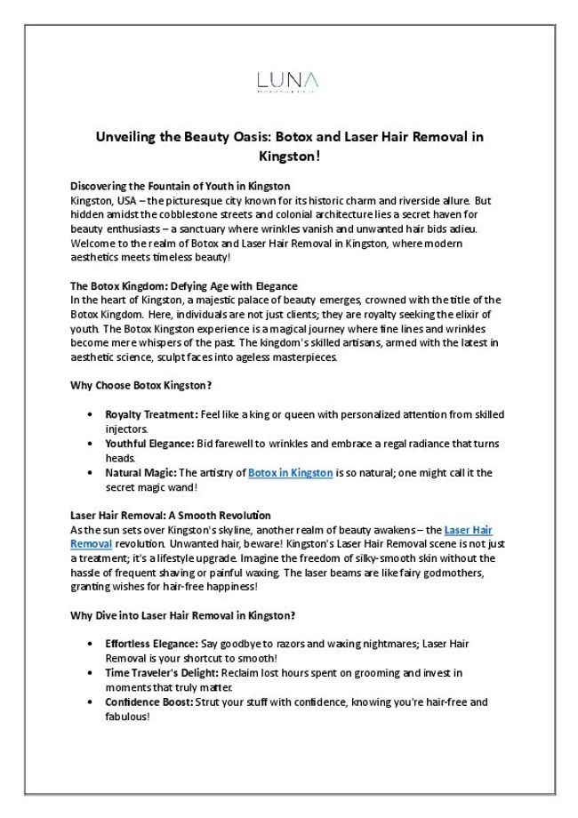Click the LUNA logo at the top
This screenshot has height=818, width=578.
tap(288, 83)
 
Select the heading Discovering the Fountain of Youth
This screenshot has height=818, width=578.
tap(180, 186)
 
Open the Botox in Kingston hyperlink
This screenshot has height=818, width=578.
tap(291, 473)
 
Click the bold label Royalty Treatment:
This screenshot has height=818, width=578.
tap(150, 414)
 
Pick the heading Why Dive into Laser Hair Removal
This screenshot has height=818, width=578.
tap(182, 614)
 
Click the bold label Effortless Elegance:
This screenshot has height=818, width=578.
tap(154, 644)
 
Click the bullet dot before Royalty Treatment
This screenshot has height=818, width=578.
tap(92, 415)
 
